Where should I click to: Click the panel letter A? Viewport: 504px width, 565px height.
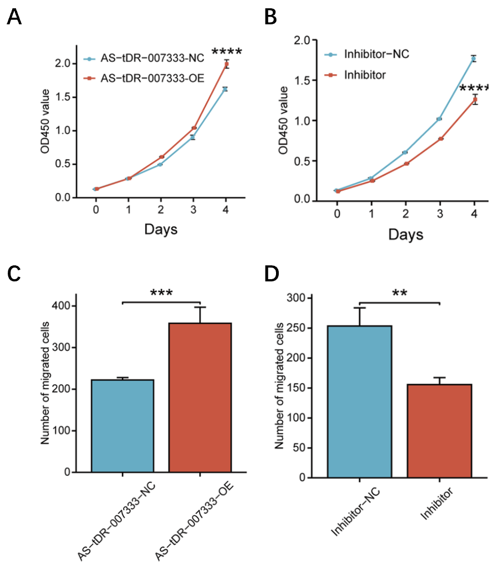[14, 18]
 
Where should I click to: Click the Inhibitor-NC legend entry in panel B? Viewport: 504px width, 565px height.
[376, 54]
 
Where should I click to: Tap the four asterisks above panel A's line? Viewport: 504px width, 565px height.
[226, 53]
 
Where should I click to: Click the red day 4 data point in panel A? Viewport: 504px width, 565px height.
[226, 64]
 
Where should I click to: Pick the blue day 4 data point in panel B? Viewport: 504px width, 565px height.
[474, 58]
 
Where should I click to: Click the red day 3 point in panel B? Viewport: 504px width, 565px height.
[439, 138]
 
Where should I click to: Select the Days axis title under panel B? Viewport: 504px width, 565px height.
[405, 234]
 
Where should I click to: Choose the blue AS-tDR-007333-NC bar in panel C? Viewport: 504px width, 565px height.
[123, 426]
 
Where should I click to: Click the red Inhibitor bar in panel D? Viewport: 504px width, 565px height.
[439, 430]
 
